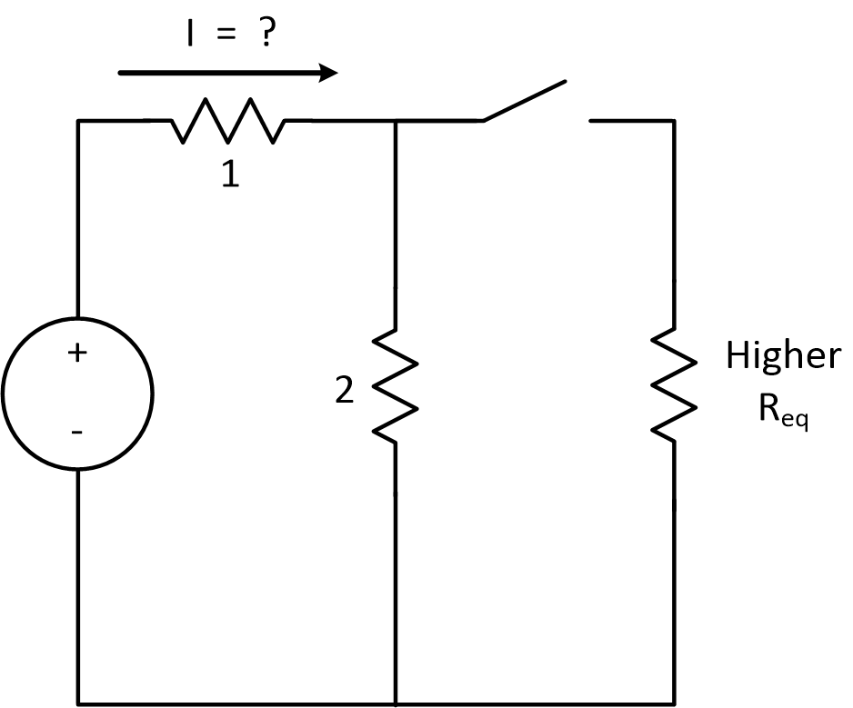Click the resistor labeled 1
228,121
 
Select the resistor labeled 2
396,385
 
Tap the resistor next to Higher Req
674,385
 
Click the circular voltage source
77,394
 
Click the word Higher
782,356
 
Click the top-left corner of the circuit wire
78,121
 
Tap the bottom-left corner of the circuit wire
78,703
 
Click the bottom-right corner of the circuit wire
674,703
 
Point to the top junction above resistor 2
396,121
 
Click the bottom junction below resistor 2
396,703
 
